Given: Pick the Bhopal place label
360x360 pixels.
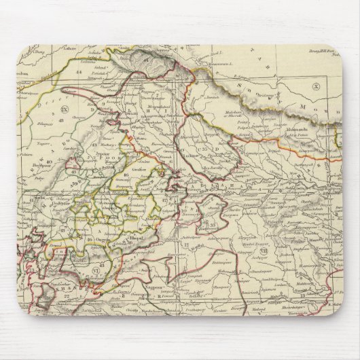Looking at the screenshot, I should click(122, 240).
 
